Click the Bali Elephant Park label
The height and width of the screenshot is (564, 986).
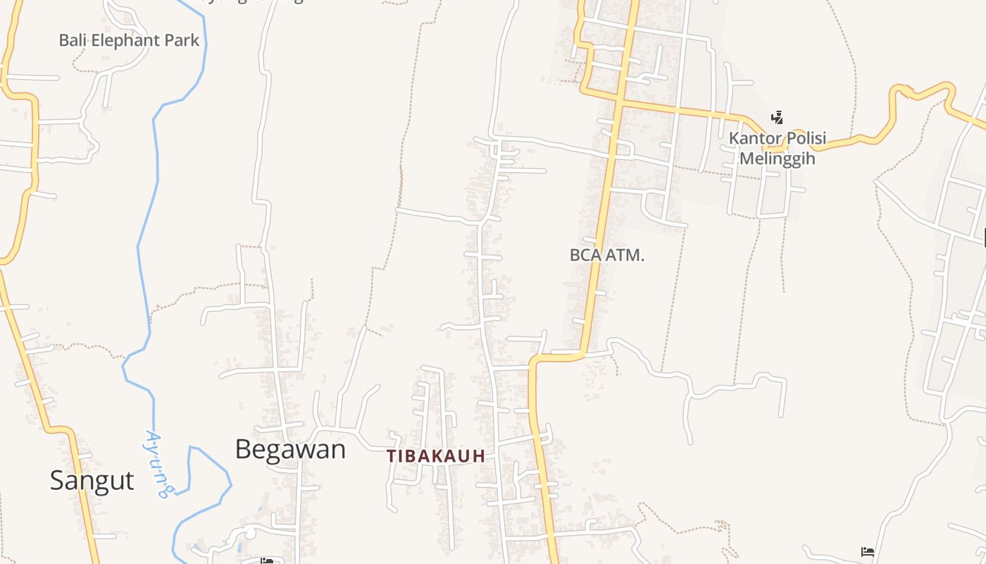[x=129, y=40]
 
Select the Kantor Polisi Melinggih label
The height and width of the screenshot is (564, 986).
[x=778, y=148]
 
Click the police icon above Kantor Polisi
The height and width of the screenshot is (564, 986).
[x=778, y=118]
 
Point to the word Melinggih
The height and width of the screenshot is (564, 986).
[x=778, y=159]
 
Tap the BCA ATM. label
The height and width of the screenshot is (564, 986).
[x=607, y=255]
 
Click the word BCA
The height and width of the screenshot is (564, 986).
[x=584, y=255]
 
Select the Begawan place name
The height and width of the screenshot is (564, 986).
[x=290, y=449]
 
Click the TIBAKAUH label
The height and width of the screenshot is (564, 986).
[x=436, y=456]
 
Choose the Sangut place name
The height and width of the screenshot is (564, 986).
[x=92, y=480]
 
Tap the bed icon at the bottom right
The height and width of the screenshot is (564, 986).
[x=868, y=552]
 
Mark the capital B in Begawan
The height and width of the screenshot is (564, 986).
[x=243, y=449]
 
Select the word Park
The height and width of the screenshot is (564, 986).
[x=182, y=40]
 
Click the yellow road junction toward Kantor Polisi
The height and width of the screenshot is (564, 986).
[x=620, y=103]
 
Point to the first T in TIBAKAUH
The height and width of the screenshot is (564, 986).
[x=391, y=456]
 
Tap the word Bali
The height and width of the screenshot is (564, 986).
[x=71, y=40]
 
